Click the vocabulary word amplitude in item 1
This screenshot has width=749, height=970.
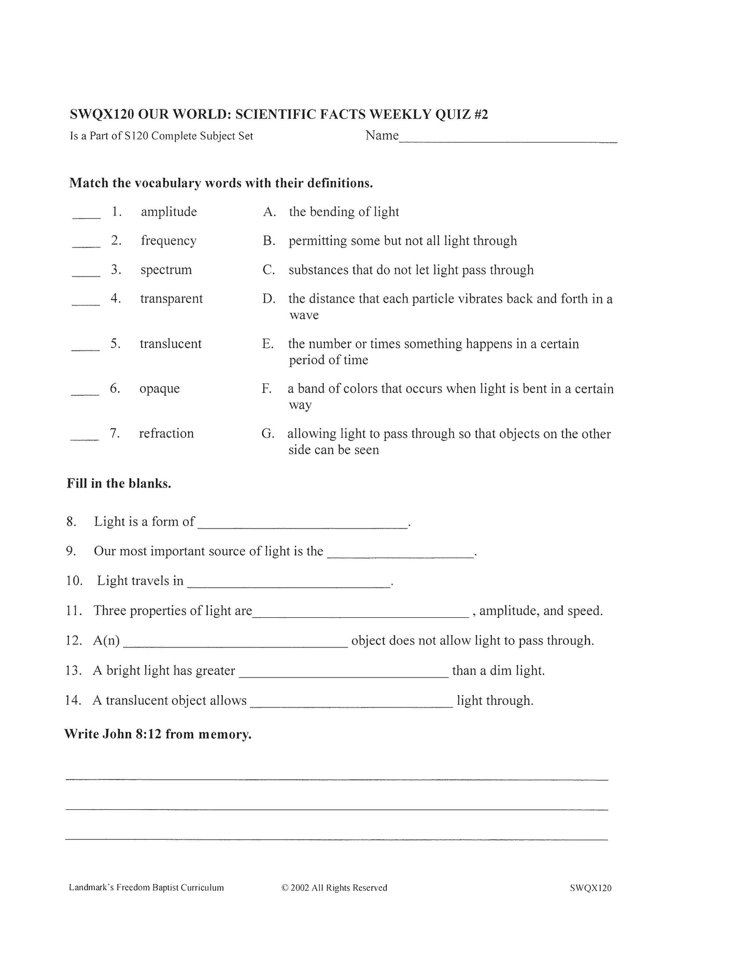168,212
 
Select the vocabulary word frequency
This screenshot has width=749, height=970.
168,241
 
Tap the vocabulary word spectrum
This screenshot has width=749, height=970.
166,270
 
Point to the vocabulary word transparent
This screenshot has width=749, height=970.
171,299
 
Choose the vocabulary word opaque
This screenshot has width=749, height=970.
159,389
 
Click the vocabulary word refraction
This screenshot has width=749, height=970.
166,434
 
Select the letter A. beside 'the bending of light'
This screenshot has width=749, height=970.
269,212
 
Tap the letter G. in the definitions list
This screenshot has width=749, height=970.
267,434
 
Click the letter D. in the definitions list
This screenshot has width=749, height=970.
268,299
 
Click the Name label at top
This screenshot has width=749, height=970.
381,135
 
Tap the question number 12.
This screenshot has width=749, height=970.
74,641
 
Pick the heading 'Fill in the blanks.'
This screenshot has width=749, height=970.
119,483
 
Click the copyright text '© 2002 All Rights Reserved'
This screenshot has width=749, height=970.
334,888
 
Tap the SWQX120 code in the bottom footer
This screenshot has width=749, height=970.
590,888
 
